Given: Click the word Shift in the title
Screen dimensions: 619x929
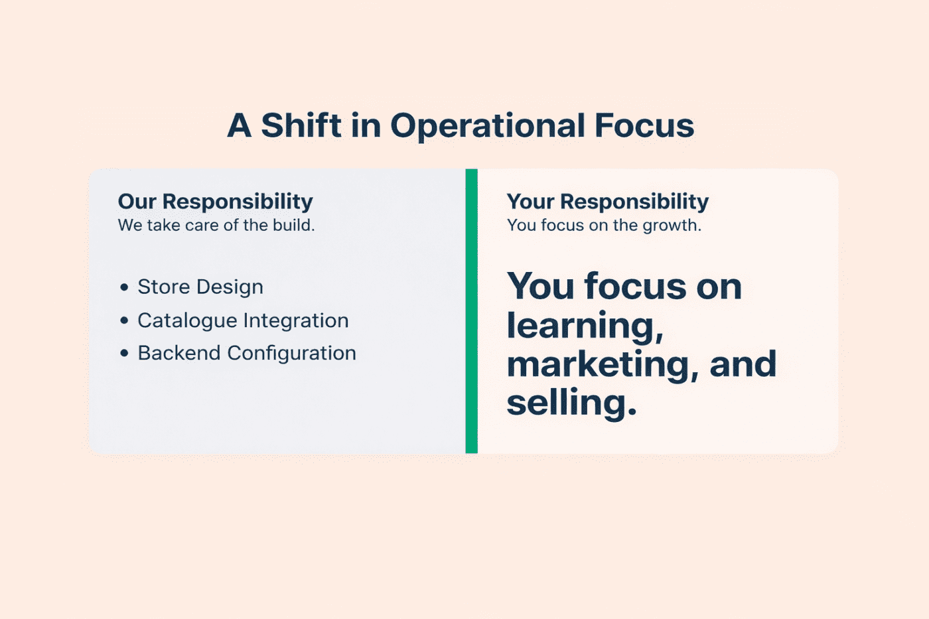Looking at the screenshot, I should (301, 125).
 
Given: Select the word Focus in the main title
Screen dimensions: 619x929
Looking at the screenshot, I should (644, 125).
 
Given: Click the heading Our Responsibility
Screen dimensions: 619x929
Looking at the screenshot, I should (215, 201).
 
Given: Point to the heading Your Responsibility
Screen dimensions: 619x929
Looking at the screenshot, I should (607, 201).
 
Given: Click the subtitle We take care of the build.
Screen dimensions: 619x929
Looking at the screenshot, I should (216, 226).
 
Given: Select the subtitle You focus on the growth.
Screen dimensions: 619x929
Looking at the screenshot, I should (604, 226).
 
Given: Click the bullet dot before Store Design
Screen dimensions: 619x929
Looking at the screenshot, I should (124, 287).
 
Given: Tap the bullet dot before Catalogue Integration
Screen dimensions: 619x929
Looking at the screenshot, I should (124, 320).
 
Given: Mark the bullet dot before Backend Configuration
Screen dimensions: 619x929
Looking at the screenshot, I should (124, 353).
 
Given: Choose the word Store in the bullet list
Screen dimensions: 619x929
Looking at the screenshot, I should (163, 287).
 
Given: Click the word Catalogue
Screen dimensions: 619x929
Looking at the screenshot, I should (186, 321).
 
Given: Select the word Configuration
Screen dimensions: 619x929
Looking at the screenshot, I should (291, 354).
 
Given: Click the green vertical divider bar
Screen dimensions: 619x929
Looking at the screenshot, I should (471, 311).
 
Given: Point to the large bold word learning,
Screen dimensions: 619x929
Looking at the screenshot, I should (585, 326).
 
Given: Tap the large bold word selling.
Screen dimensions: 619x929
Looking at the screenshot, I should (571, 403).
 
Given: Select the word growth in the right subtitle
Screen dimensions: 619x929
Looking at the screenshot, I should (672, 226).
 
